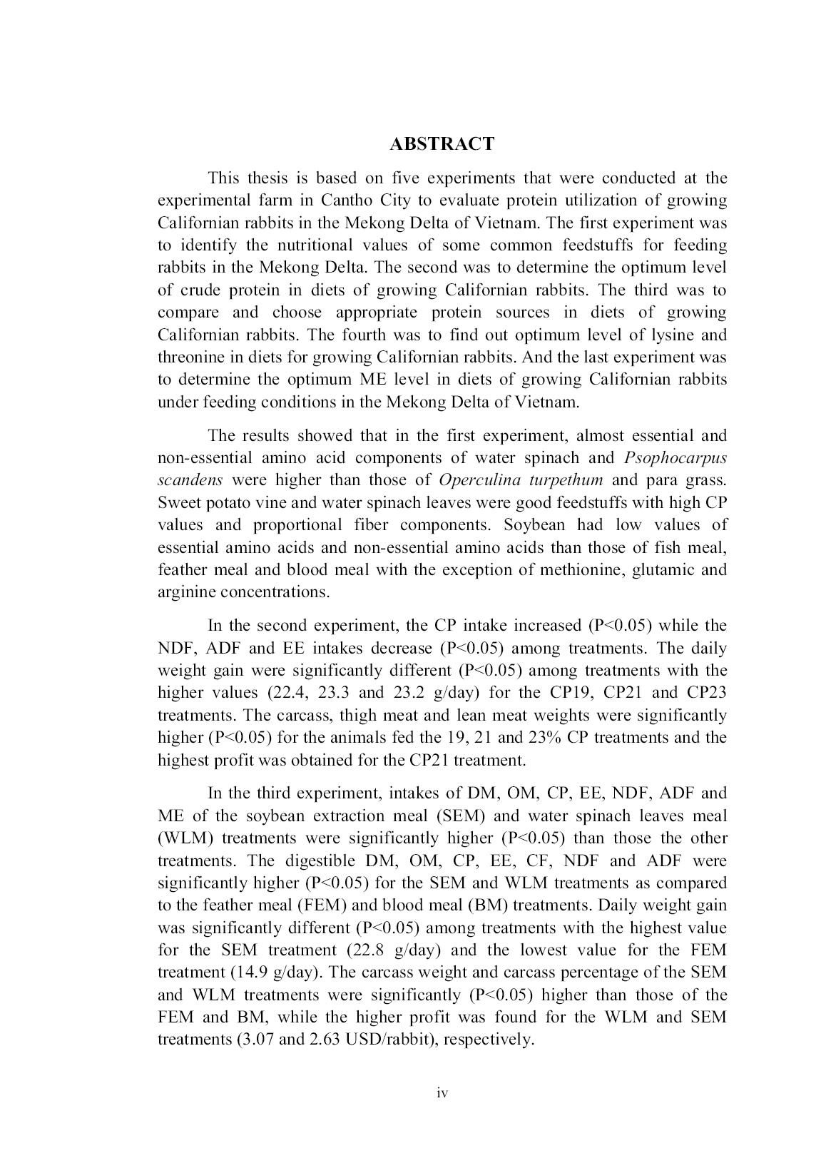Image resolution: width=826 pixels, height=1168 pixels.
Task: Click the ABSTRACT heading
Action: (442, 144)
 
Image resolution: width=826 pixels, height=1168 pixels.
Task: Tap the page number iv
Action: (442, 1093)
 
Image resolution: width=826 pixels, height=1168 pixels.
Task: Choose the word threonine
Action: (190, 357)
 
